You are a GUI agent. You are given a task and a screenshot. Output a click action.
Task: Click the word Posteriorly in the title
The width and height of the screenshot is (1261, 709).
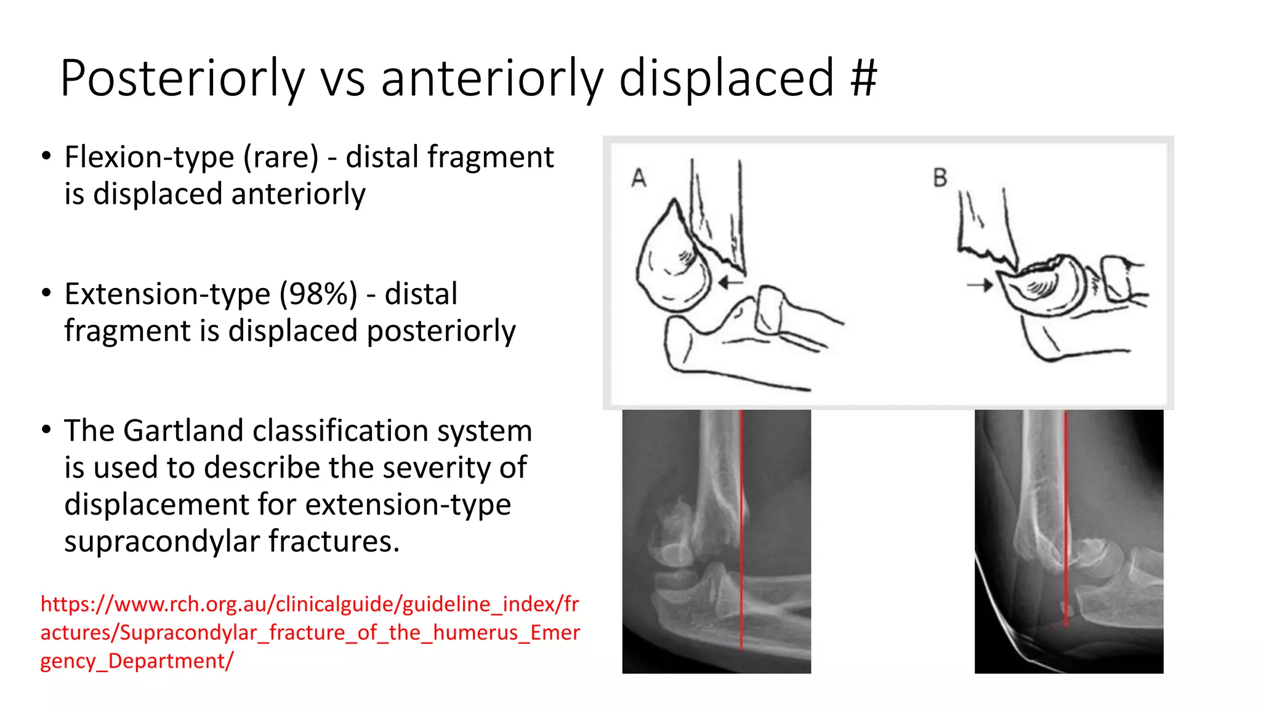(x=182, y=78)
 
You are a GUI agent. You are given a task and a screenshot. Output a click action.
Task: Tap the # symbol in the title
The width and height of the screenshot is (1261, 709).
(x=863, y=78)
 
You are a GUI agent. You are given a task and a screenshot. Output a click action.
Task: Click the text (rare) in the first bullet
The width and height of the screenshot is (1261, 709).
(x=281, y=158)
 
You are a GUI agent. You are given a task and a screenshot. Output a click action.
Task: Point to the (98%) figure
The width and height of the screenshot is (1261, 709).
(x=318, y=294)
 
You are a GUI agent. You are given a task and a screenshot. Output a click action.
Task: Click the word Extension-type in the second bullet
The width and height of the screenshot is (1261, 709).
(x=167, y=295)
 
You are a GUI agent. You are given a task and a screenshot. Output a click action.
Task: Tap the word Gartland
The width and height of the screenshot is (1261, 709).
(x=183, y=430)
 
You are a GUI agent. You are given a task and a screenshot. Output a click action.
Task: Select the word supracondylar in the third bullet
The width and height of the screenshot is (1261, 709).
(x=163, y=542)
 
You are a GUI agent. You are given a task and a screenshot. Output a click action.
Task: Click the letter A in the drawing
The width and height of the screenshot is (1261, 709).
(x=639, y=178)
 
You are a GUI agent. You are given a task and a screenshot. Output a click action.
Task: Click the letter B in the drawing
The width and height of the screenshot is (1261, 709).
(x=940, y=178)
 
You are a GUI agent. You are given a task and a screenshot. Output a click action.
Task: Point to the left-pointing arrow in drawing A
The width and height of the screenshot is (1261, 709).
(x=731, y=282)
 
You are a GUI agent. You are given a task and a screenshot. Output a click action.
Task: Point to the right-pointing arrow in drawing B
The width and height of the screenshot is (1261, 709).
(x=980, y=285)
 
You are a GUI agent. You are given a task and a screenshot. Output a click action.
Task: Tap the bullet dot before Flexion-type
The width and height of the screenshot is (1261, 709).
(x=46, y=156)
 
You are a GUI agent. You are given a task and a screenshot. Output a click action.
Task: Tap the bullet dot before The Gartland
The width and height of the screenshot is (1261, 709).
(x=46, y=430)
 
